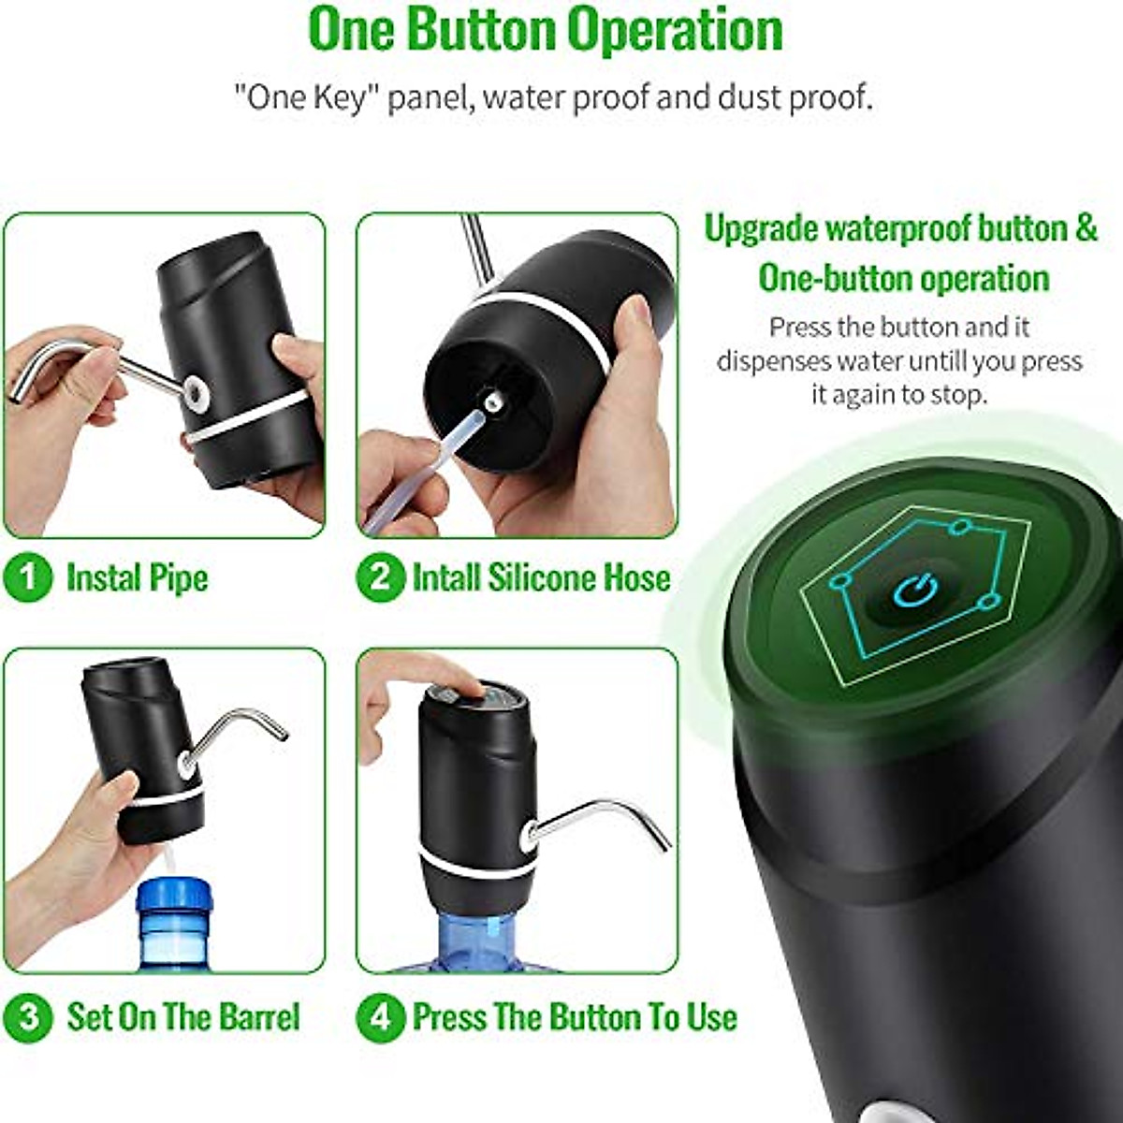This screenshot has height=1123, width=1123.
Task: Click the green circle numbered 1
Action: [28, 577]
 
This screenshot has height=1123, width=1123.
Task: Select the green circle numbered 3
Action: [28, 1016]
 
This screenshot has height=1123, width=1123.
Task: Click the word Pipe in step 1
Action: [175, 577]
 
